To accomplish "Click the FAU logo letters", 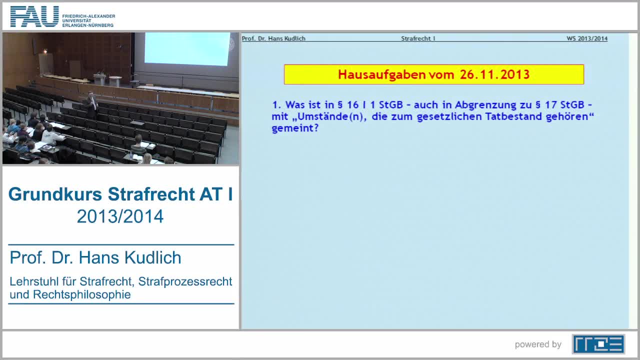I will pos(34,16).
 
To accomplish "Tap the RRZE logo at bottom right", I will pos(598,344).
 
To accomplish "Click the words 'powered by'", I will pos(538,344).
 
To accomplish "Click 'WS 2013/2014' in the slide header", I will pos(587,38).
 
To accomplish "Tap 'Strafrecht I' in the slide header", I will pos(418,38).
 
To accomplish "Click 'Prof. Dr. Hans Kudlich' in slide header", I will pos(273,38).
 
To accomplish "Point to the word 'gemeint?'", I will pos(295,128).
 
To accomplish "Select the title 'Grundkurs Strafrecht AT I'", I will pos(120,194).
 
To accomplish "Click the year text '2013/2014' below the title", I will pos(120,216).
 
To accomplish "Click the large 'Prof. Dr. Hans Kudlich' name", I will pos(95,257).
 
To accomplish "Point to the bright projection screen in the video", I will pos(186,48).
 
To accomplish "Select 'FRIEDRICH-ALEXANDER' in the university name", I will pos(88,16).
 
